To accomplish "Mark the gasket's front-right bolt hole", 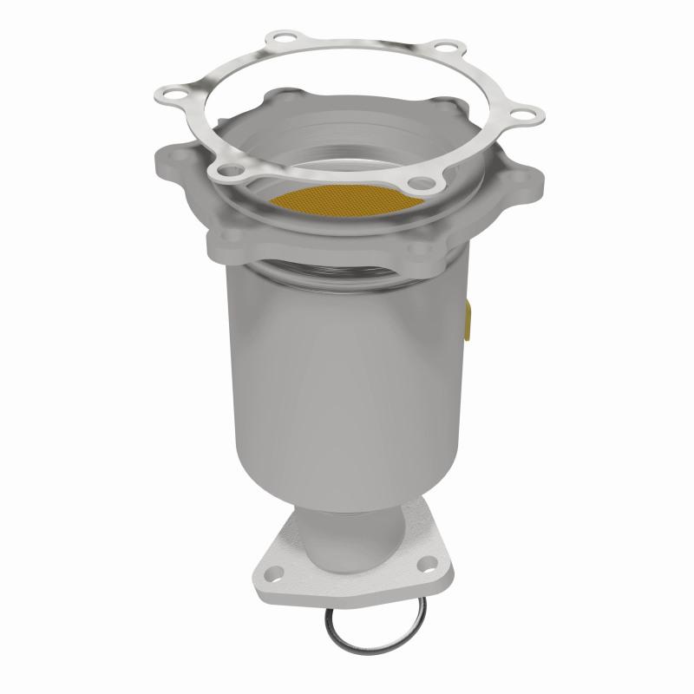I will (421, 183).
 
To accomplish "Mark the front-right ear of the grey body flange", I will (425, 252).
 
